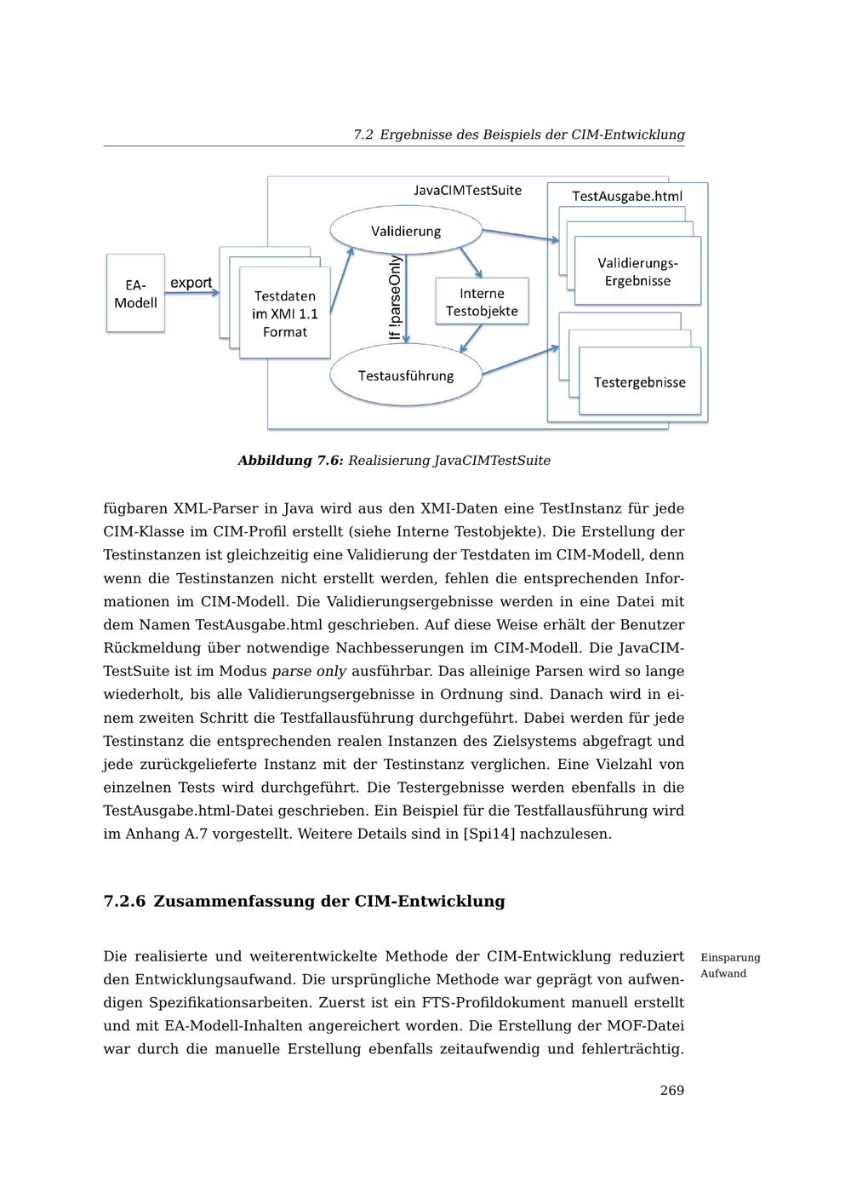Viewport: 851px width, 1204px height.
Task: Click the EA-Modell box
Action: (x=135, y=293)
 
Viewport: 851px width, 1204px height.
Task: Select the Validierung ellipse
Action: (x=406, y=231)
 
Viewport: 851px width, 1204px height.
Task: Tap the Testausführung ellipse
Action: (x=406, y=376)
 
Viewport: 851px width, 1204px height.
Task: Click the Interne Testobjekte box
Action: (x=482, y=302)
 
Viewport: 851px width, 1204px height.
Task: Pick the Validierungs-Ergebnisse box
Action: (x=637, y=272)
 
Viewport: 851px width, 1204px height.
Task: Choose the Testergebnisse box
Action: (x=640, y=382)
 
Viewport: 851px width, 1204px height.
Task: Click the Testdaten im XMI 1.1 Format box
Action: (x=284, y=313)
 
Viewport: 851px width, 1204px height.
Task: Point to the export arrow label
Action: (x=191, y=283)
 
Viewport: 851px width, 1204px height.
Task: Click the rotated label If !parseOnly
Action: (x=395, y=298)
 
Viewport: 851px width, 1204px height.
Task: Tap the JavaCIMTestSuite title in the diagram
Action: (x=468, y=190)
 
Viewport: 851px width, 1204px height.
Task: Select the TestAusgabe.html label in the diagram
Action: (x=627, y=196)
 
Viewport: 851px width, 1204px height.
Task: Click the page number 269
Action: (x=671, y=1090)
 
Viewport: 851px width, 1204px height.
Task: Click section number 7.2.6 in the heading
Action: (x=124, y=901)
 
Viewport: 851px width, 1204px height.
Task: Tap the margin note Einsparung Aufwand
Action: (x=729, y=966)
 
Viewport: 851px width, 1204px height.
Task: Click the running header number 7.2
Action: (x=363, y=135)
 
